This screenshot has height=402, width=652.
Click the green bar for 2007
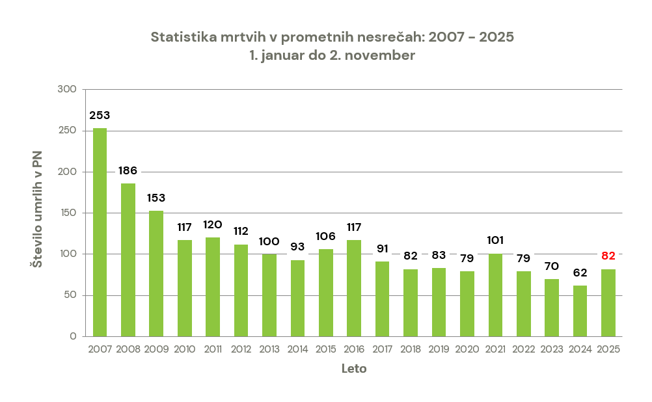coord(100,232)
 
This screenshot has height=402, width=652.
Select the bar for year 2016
coord(354,288)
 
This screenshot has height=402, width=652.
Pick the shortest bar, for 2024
coord(580,311)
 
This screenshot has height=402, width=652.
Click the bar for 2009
coord(156,273)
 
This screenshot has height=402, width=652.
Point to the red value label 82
coord(608,256)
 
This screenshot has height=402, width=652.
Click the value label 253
coord(100,115)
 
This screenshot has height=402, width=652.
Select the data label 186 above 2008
coord(128,171)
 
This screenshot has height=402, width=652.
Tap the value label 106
coord(325,236)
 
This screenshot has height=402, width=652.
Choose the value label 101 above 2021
coord(495,240)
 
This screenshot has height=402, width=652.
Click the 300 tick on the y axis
coord(68,89)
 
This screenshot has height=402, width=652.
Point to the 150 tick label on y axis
coord(68,213)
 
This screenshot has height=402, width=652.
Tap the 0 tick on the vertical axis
coord(73,336)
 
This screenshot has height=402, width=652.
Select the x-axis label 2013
coord(269,349)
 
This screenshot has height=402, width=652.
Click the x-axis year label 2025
coord(608,349)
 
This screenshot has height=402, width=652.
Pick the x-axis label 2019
coord(439,349)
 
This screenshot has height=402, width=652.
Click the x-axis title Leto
coord(354,369)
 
